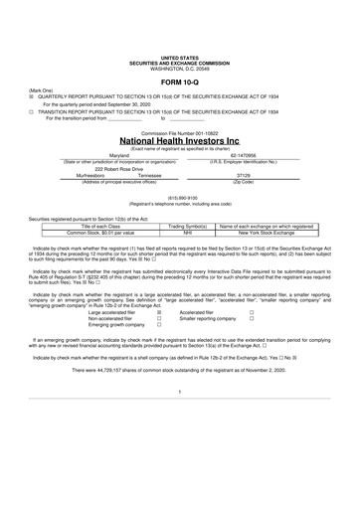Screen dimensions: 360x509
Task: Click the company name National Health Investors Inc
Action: (x=179, y=142)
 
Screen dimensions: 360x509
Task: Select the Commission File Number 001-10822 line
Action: (x=179, y=131)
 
